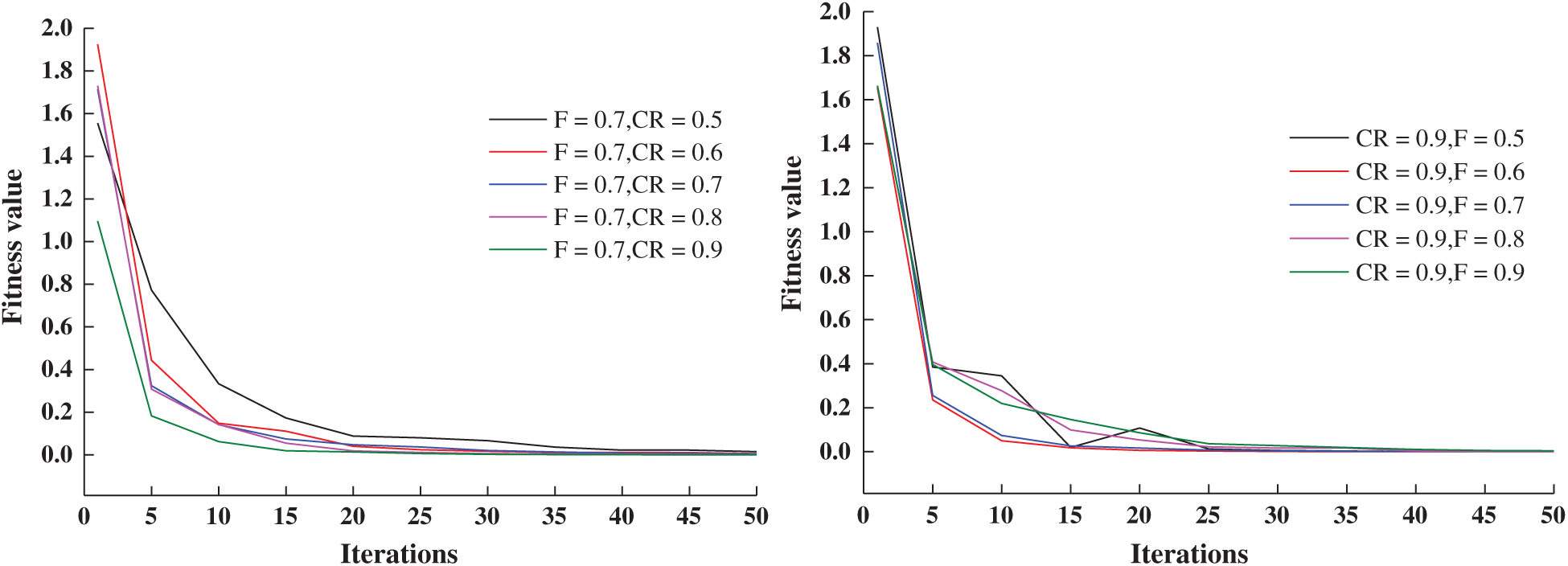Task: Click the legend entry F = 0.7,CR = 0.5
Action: pyautogui.click(x=637, y=120)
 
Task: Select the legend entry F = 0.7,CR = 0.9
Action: pyautogui.click(x=637, y=250)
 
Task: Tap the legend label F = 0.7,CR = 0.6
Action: pyautogui.click(x=637, y=153)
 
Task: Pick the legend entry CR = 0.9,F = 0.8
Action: pyautogui.click(x=1439, y=239)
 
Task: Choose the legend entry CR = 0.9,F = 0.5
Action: pyautogui.click(x=1439, y=138)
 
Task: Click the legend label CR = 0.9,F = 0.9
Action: pyautogui.click(x=1439, y=273)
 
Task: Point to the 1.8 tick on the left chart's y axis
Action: pyautogui.click(x=56, y=71)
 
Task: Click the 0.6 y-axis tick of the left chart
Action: pyautogui.click(x=56, y=326)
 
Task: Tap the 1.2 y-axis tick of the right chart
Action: pyautogui.click(x=835, y=187)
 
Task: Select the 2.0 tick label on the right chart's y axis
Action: pyautogui.click(x=835, y=11)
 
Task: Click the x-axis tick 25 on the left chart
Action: pyautogui.click(x=420, y=516)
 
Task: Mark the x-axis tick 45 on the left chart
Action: pyautogui.click(x=688, y=516)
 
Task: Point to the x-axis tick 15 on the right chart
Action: pyautogui.click(x=1069, y=515)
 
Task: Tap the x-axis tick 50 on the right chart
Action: pyautogui.click(x=1552, y=515)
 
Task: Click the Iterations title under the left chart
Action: pyautogui.click(x=399, y=554)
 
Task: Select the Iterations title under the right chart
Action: pyautogui.click(x=1189, y=554)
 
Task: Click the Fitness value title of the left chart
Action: pyautogui.click(x=13, y=247)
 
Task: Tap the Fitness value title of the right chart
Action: pyautogui.click(x=792, y=233)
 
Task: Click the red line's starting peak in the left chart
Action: pyautogui.click(x=98, y=45)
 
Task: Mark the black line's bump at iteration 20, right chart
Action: pyautogui.click(x=1139, y=428)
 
